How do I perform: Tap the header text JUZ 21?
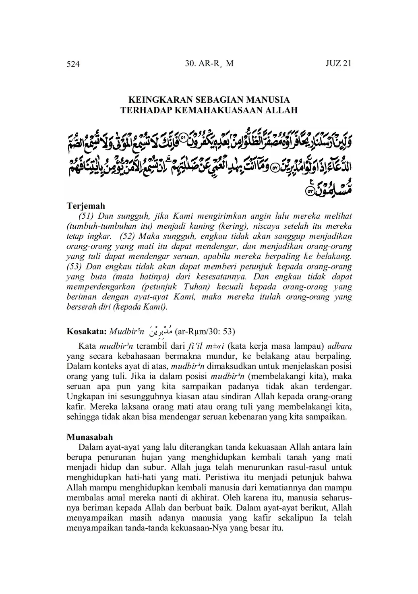(339, 64)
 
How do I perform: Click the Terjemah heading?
(86, 206)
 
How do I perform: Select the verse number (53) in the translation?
(74, 267)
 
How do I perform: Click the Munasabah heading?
(90, 437)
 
